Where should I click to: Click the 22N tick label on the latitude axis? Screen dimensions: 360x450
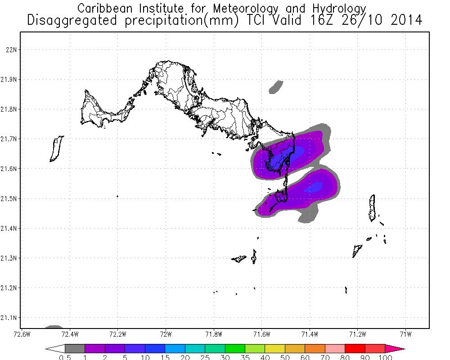coord(10,49)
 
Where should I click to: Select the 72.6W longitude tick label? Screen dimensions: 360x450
coord(22,334)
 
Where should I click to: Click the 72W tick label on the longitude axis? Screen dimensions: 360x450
coord(166,334)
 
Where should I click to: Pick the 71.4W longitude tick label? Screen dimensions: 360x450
coord(310,334)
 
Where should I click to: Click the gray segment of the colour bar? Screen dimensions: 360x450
coord(75,348)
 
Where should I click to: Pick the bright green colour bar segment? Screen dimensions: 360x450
coord(235,348)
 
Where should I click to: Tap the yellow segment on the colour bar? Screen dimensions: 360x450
coord(275,348)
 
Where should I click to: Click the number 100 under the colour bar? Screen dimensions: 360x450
coord(386,358)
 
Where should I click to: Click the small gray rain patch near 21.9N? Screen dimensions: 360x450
coord(275,87)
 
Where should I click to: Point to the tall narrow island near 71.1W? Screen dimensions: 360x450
coord(372,208)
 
